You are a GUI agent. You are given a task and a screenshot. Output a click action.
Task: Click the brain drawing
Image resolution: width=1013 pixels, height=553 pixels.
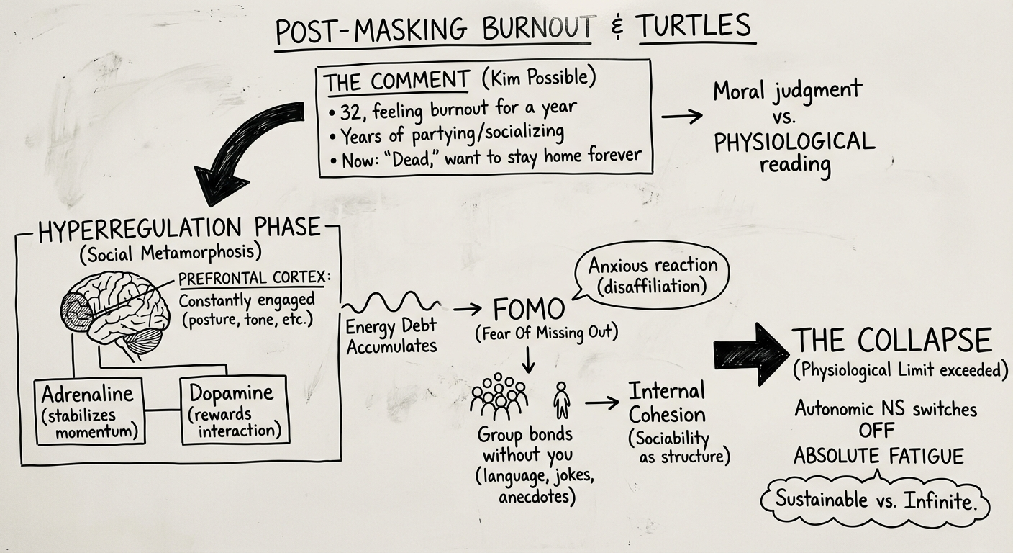pyautogui.click(x=115, y=313)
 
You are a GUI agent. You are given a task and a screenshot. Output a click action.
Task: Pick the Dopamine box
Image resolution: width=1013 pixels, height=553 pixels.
pyautogui.click(x=232, y=410)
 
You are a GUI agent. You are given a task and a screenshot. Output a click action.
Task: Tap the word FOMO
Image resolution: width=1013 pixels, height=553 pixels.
pyautogui.click(x=528, y=310)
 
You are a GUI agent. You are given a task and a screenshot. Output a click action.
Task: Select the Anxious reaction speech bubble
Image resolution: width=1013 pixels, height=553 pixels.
pyautogui.click(x=652, y=274)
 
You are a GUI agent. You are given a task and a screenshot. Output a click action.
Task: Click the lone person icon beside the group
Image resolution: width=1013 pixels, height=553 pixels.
pyautogui.click(x=561, y=400)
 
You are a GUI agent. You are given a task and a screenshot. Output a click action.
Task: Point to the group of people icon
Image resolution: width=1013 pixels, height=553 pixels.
pyautogui.click(x=499, y=398)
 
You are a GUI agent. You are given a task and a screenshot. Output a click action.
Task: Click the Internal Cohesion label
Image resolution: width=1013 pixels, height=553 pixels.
pyautogui.click(x=666, y=403)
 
